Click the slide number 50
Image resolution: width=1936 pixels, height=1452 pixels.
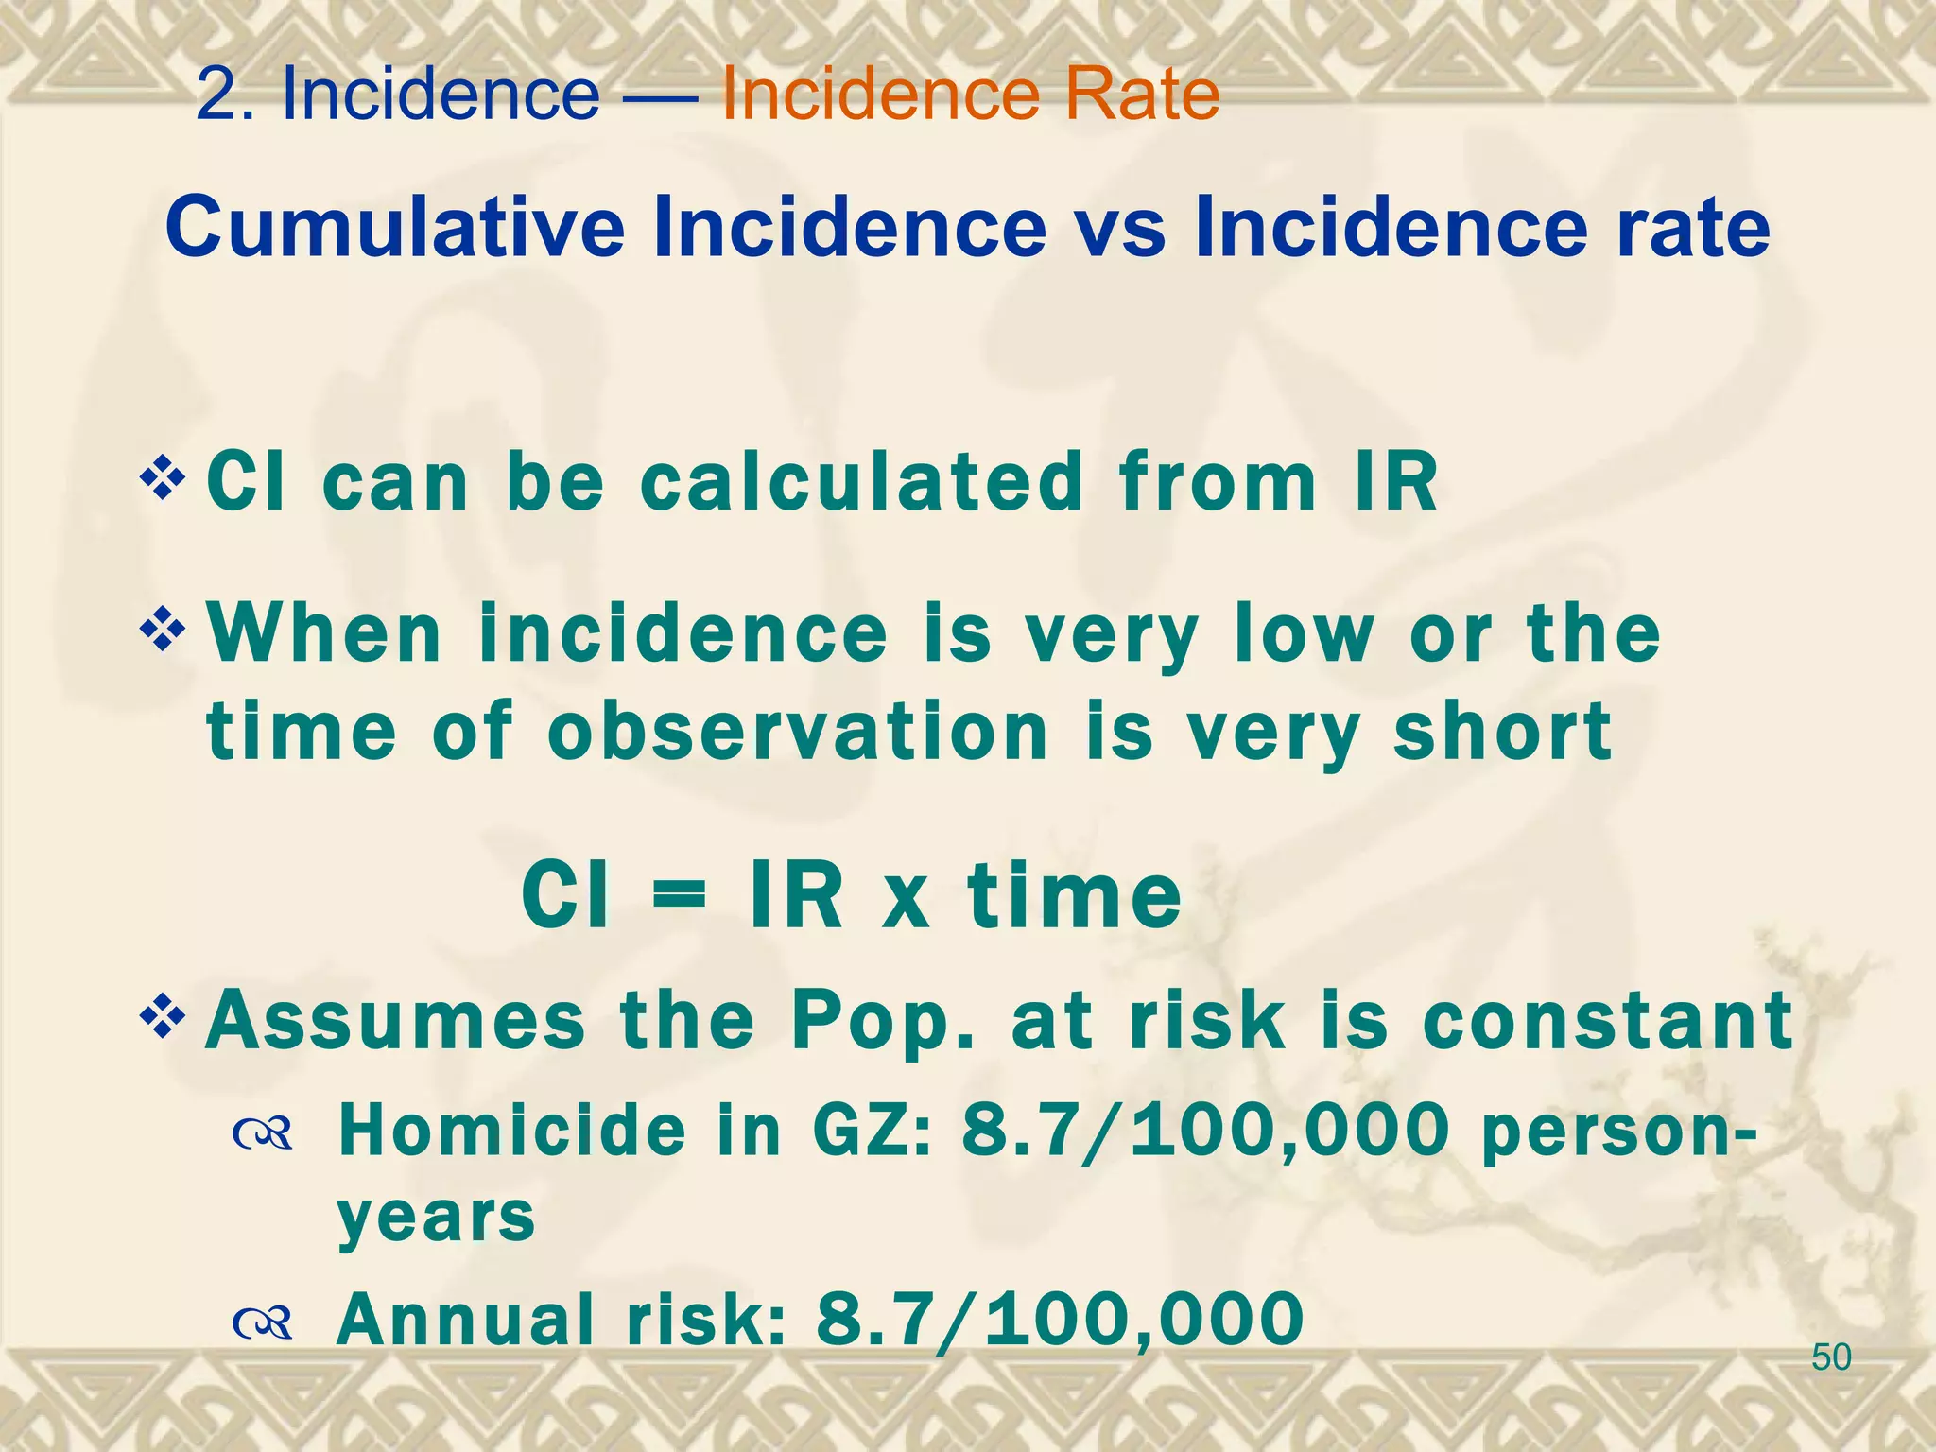click(1831, 1357)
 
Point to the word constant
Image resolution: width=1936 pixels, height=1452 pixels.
click(1607, 1021)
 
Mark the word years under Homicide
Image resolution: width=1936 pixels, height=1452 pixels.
click(436, 1219)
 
